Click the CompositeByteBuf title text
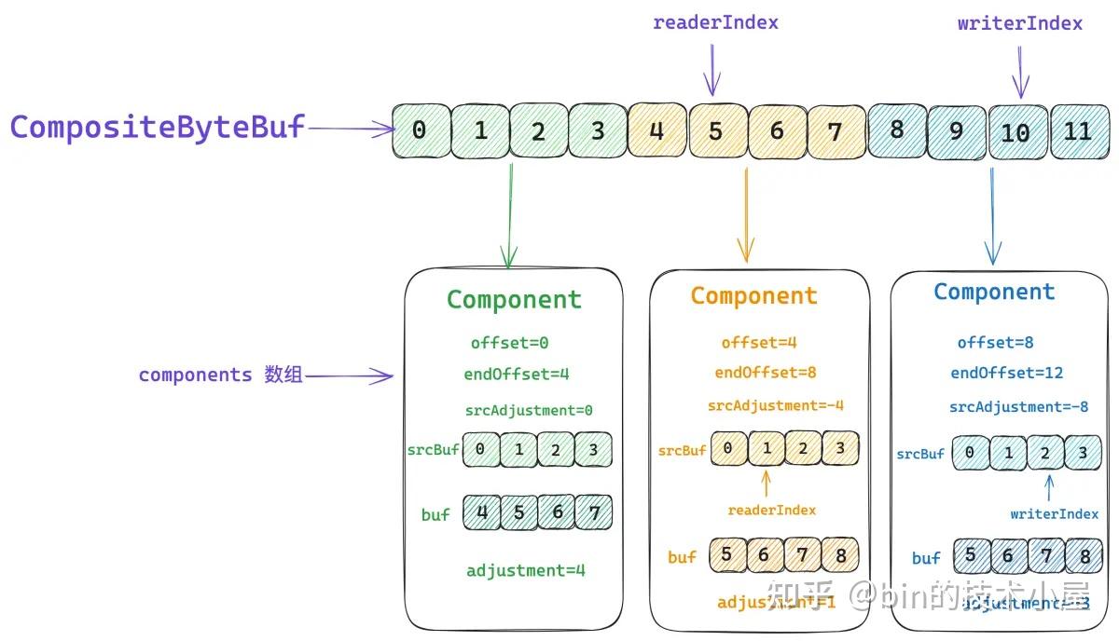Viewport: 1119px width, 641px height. click(x=157, y=128)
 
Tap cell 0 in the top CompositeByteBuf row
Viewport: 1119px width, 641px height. click(x=419, y=131)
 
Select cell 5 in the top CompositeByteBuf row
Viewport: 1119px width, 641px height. click(x=715, y=131)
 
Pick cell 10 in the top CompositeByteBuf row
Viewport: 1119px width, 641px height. click(x=1015, y=132)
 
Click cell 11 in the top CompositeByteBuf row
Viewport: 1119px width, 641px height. click(x=1078, y=131)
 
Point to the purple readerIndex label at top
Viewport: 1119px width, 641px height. click(x=715, y=23)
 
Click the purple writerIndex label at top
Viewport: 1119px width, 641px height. click(x=1019, y=23)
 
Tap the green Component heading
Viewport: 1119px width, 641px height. click(x=514, y=299)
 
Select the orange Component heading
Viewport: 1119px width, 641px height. click(x=753, y=296)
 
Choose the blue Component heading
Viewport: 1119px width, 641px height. click(x=994, y=292)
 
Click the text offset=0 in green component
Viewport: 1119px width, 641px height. click(x=509, y=343)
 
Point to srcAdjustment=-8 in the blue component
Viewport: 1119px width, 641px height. click(x=1018, y=406)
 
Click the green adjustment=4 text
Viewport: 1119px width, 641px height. click(x=525, y=570)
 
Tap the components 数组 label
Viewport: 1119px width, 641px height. click(x=220, y=375)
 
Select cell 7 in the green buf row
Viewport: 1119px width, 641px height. click(x=594, y=512)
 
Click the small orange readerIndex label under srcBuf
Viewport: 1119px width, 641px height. click(x=771, y=510)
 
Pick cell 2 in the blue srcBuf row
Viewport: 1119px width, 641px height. click(x=1045, y=454)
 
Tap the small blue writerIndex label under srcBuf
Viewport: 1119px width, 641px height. click(x=1054, y=513)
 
